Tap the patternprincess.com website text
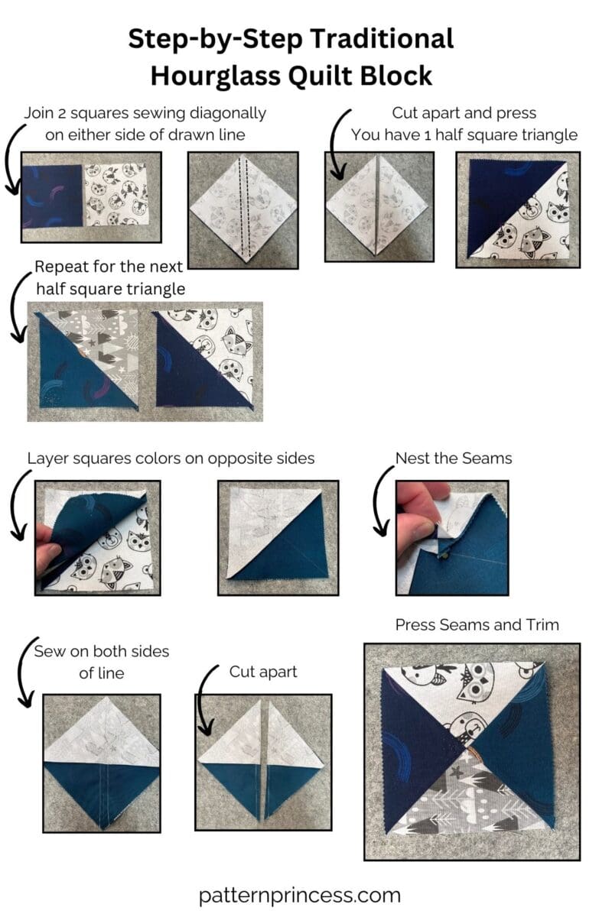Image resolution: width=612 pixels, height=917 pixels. (x=299, y=895)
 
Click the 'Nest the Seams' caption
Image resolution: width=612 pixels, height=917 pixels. (x=453, y=458)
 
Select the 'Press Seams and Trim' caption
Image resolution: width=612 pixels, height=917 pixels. (x=477, y=625)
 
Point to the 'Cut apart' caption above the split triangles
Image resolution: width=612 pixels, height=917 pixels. (x=263, y=672)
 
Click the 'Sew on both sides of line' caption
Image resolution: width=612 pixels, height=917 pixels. (x=101, y=662)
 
